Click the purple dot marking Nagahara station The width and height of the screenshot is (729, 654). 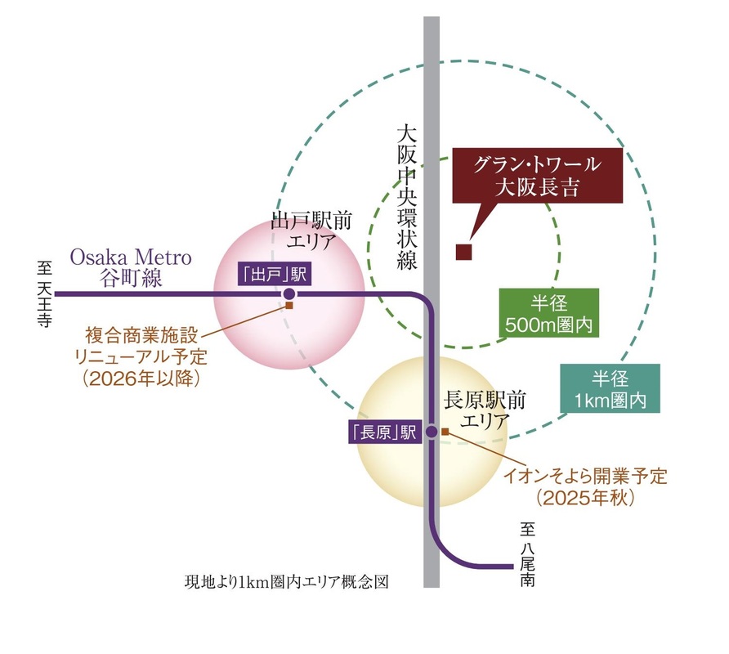point(432,432)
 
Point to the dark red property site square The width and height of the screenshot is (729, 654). point(464,253)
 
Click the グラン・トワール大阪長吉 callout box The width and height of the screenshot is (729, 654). point(537,176)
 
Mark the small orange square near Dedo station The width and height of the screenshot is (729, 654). point(288,306)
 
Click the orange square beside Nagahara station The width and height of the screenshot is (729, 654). point(445,430)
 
